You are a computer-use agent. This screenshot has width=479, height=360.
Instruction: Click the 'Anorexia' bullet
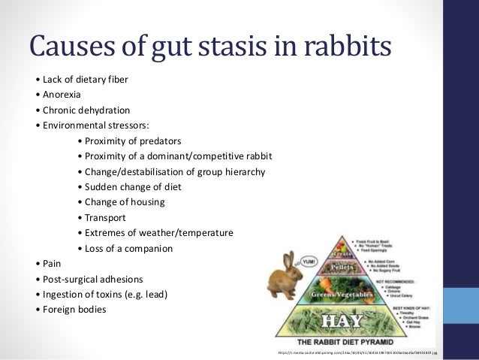point(63,95)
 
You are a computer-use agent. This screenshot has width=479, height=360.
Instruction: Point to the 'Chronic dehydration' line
point(83,110)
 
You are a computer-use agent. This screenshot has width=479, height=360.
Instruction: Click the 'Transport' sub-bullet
point(105,218)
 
